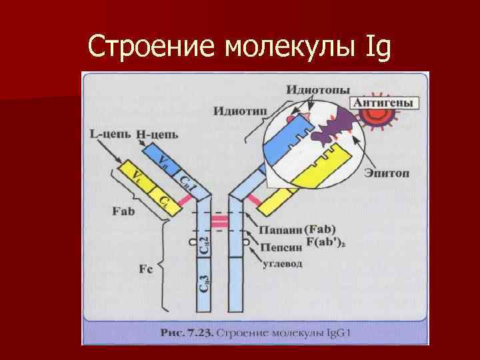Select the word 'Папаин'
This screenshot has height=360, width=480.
tap(275, 229)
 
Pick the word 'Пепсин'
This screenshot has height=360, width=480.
tap(275, 247)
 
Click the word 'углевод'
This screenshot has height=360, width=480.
tap(280, 263)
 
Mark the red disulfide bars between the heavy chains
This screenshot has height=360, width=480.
tap(220, 222)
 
